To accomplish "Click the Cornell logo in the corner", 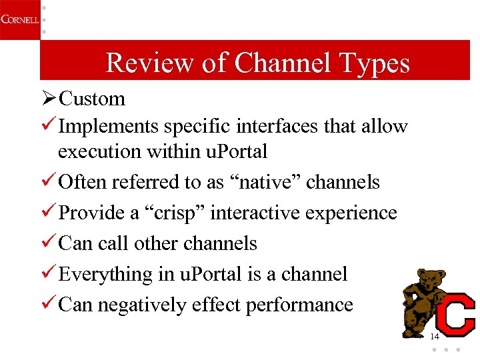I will pos(19,19).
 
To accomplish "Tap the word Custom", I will pos(92,99).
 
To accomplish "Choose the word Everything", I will pos(106,274).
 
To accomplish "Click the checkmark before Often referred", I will pos(49,182).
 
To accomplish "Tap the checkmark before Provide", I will pos(49,213).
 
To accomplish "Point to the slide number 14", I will pos(435,337).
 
